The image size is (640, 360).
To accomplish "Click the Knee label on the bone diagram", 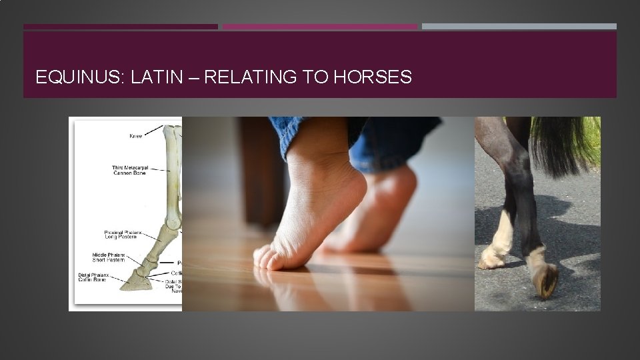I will pyautogui.click(x=135, y=136).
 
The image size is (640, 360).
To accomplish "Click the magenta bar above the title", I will pyautogui.click(x=319, y=27).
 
